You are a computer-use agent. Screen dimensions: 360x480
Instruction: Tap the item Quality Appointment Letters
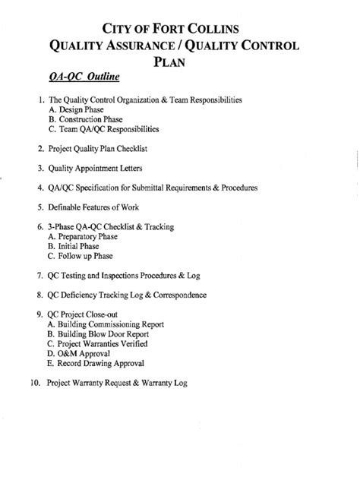pos(99,168)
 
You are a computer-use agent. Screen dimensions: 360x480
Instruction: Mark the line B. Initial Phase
pos(74,247)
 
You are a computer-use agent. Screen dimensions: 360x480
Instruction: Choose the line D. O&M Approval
pos(78,353)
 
